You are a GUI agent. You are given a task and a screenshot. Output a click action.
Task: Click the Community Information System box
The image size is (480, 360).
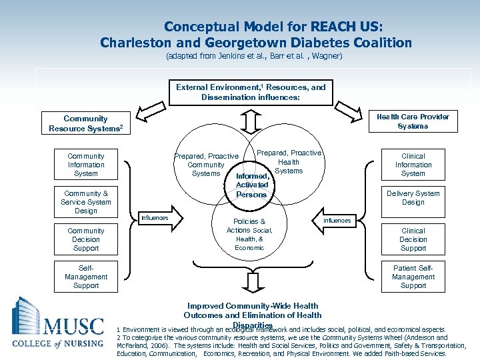(86, 165)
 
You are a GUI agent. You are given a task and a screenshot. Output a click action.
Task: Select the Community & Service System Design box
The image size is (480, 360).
(86, 202)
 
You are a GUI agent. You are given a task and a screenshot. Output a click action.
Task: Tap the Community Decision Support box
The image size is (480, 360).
(86, 239)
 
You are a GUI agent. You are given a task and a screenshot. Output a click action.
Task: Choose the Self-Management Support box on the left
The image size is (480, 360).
(86, 277)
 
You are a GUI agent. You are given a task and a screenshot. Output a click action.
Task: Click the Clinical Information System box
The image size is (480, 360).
(413, 165)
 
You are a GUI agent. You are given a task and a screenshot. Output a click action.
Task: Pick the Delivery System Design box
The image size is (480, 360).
(413, 198)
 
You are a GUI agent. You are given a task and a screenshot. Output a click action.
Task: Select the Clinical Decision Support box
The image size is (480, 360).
(413, 239)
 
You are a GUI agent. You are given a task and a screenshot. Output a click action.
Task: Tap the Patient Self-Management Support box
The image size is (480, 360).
(413, 277)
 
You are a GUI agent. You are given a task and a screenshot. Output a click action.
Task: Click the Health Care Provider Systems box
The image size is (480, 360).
(413, 121)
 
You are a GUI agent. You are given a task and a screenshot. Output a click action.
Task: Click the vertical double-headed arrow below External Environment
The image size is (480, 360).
(251, 122)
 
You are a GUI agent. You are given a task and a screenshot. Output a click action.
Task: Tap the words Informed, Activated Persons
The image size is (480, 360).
(251, 185)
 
